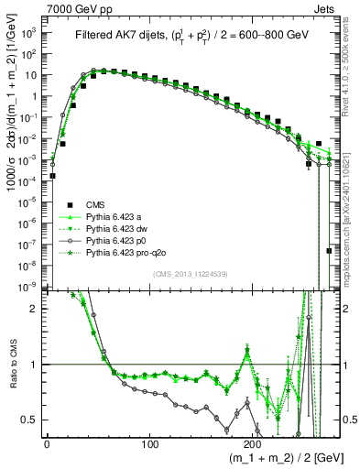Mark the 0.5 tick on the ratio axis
pos(31,420)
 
